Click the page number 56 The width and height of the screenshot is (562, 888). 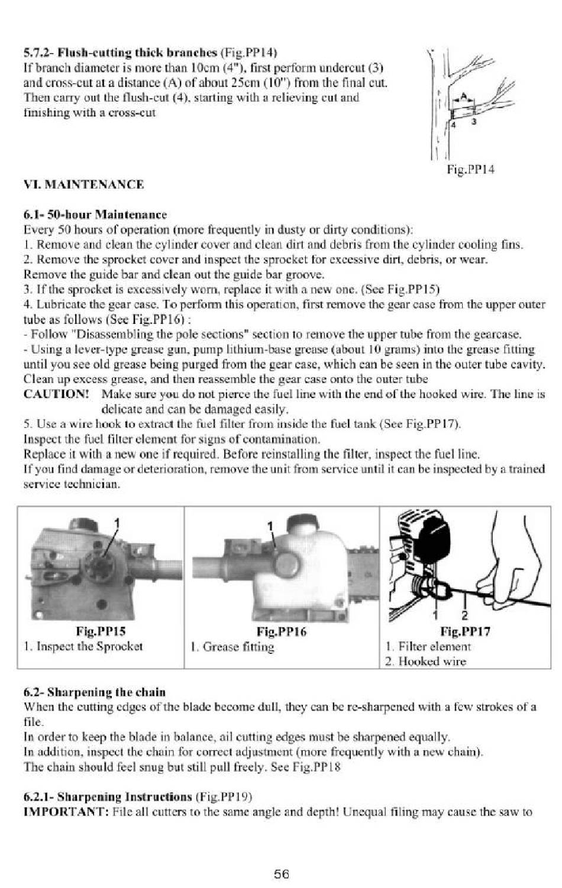[x=281, y=874]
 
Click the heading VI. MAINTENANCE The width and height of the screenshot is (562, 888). [x=83, y=184]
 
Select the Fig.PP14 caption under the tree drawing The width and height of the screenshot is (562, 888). [x=470, y=170]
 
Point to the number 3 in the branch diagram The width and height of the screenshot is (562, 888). [x=473, y=122]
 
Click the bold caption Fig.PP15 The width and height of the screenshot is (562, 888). [x=101, y=631]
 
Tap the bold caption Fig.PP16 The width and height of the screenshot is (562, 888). [x=281, y=631]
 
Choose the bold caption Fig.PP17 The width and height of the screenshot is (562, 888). [x=465, y=631]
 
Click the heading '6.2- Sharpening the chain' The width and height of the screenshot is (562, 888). [x=95, y=692]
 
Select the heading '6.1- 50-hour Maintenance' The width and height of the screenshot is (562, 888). [x=95, y=215]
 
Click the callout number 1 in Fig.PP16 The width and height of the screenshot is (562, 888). [x=270, y=526]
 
